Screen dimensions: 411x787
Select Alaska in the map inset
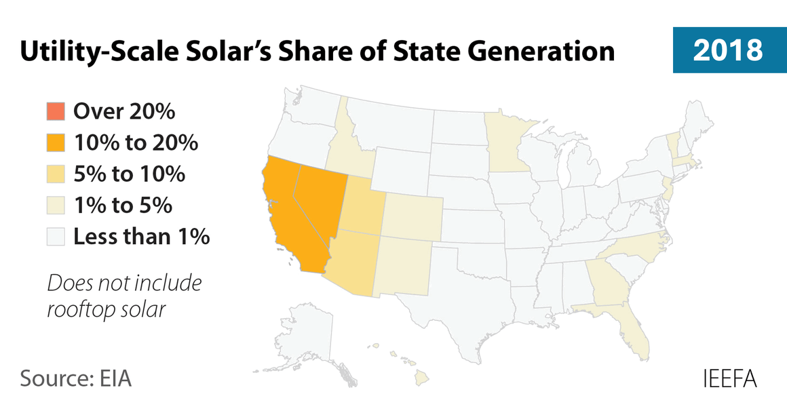point(305,339)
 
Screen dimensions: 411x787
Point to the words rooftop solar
point(106,309)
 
